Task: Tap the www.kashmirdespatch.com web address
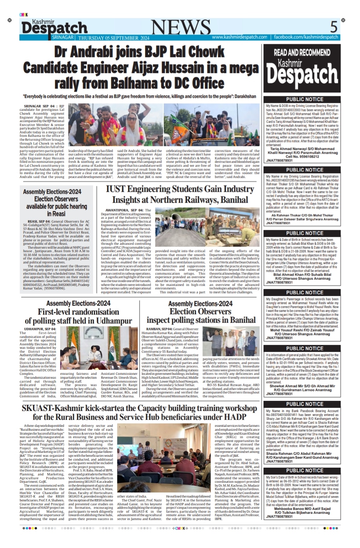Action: [x=239, y=37]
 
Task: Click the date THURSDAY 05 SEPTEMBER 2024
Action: [x=114, y=38]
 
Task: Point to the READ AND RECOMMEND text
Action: [x=302, y=52]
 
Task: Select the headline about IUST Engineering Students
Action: [x=180, y=194]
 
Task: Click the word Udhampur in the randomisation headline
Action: [x=110, y=321]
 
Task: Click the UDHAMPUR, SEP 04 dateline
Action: [x=40, y=329]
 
